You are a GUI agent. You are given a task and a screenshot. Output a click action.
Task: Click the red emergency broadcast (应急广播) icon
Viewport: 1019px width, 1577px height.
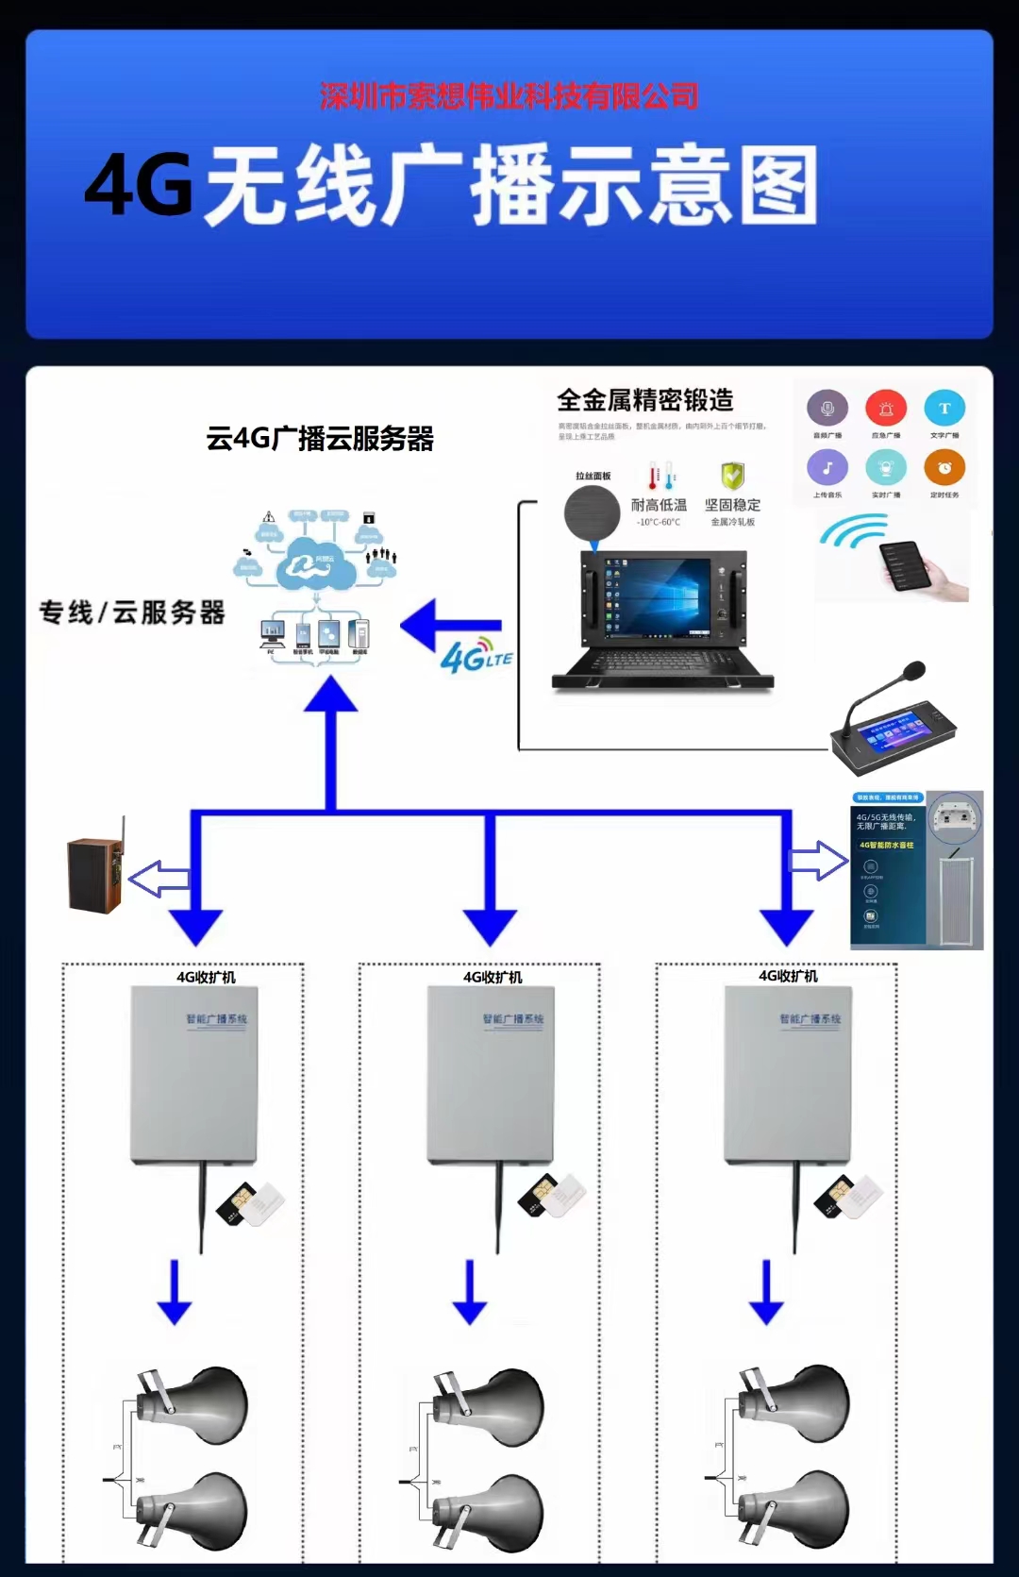click(886, 409)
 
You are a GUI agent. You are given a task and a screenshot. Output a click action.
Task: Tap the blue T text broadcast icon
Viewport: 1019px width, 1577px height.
click(944, 409)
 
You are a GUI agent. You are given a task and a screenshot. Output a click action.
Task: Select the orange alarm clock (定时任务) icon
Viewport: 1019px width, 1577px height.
click(944, 468)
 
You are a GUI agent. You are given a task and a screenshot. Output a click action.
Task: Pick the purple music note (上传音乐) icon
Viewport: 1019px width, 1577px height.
click(827, 468)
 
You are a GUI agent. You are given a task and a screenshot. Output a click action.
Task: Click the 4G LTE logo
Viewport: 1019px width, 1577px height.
click(476, 656)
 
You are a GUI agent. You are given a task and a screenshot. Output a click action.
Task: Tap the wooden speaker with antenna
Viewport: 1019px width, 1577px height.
click(95, 873)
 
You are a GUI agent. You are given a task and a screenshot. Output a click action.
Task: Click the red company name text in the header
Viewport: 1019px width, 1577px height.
click(509, 96)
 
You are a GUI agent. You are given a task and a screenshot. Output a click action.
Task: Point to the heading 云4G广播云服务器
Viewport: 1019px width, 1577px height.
click(320, 439)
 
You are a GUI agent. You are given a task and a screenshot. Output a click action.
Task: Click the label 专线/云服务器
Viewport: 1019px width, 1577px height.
click(132, 612)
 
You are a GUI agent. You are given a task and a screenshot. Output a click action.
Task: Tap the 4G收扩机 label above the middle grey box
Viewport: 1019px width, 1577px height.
click(493, 977)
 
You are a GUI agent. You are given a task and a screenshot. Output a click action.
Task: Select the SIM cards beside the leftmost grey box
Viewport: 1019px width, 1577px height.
click(250, 1203)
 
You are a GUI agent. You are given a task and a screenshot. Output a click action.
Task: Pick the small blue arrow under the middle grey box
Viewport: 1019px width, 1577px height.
click(470, 1292)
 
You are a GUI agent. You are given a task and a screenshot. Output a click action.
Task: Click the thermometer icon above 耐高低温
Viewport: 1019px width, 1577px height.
click(661, 475)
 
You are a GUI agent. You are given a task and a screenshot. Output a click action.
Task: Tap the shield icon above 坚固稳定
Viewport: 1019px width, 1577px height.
click(732, 475)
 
